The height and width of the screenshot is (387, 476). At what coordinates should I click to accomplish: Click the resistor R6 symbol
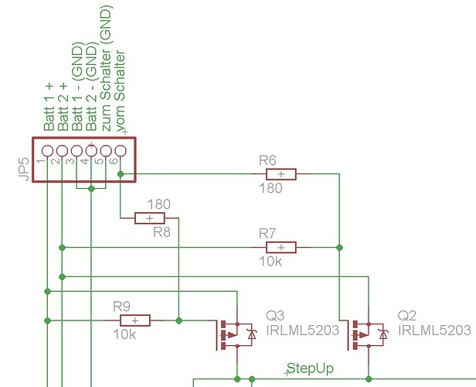280,174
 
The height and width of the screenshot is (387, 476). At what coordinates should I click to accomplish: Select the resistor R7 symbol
280,247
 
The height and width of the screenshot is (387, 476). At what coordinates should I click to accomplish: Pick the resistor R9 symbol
135,320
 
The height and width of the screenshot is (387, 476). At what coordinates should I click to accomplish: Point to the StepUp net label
310,368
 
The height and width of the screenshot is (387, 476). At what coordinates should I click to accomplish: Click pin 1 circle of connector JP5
47,150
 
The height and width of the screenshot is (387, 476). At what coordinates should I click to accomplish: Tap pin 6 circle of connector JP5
121,150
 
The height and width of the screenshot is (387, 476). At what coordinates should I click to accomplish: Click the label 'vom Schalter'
120,91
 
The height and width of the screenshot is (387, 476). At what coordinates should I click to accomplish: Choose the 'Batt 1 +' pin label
48,108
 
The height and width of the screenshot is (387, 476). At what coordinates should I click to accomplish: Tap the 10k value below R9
124,334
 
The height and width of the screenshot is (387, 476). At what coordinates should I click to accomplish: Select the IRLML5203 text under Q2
433,330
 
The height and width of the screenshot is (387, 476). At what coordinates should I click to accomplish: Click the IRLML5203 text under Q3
302,330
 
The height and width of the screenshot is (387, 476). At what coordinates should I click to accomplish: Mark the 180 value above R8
158,204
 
